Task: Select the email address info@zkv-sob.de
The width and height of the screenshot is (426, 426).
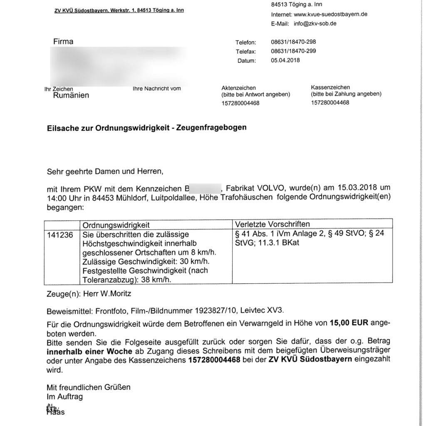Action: pos(315,23)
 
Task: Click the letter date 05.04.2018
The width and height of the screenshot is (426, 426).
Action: pos(285,60)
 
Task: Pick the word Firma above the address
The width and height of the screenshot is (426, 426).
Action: pos(63,42)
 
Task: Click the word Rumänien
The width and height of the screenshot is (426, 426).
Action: pos(71,96)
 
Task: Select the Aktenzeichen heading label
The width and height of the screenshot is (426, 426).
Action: pos(239,88)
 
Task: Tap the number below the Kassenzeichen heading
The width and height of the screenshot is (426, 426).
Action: pos(330,103)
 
